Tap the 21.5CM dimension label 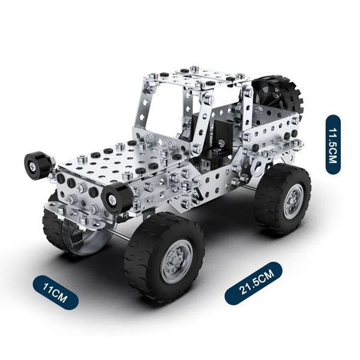pos(253,283)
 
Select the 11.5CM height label pos(333,145)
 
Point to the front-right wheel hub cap pos(176,261)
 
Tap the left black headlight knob pos(37,163)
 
